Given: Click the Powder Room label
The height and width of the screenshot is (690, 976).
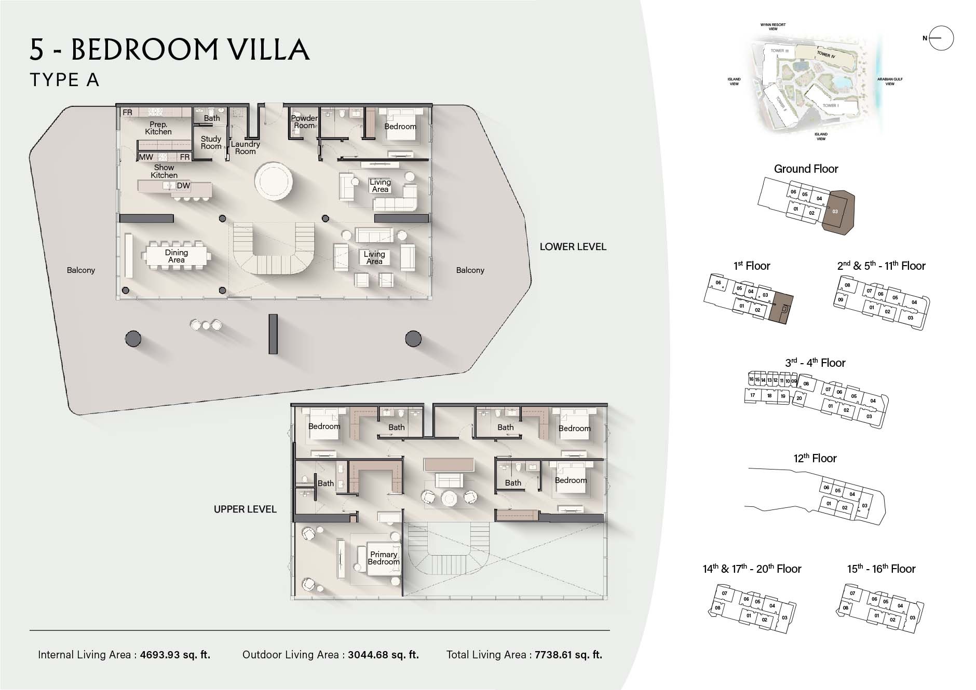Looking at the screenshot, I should [304, 122].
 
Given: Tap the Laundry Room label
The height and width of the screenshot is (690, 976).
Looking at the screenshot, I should [245, 148].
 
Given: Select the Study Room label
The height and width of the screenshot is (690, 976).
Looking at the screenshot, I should [211, 142].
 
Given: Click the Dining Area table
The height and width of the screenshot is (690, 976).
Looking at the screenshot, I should [177, 256].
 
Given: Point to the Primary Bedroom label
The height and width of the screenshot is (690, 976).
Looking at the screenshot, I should [384, 558].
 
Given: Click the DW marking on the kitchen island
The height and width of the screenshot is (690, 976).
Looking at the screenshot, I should [183, 186].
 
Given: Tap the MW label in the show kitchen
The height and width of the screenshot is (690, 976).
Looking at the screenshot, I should [146, 157].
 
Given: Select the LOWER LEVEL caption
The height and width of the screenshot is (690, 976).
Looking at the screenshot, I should [573, 247].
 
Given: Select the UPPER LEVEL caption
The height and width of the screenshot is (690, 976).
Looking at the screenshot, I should [245, 509].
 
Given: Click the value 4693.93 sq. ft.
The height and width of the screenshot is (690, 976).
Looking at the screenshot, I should [175, 655].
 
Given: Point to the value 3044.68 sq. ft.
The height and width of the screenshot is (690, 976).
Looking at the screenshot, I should [383, 655].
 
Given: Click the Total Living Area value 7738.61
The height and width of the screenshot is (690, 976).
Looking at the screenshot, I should [567, 655].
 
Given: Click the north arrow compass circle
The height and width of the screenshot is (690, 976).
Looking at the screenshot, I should [941, 38].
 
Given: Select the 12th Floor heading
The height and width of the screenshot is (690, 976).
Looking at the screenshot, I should [815, 459].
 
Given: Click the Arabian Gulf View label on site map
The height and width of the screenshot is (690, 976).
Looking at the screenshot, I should [890, 81].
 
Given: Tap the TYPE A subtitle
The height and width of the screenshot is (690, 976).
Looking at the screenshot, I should [64, 80].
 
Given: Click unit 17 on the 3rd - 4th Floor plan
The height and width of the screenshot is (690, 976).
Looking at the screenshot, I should [752, 395].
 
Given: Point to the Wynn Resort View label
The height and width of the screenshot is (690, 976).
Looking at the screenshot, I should [773, 26].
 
